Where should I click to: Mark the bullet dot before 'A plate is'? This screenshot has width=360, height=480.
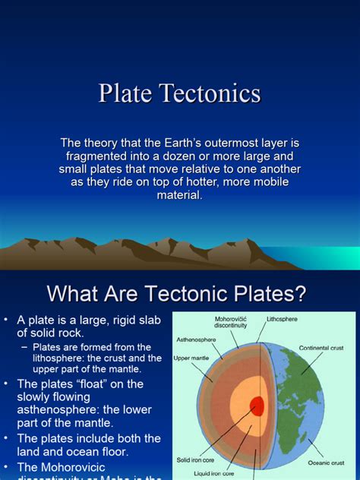pyautogui.click(x=6, y=319)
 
